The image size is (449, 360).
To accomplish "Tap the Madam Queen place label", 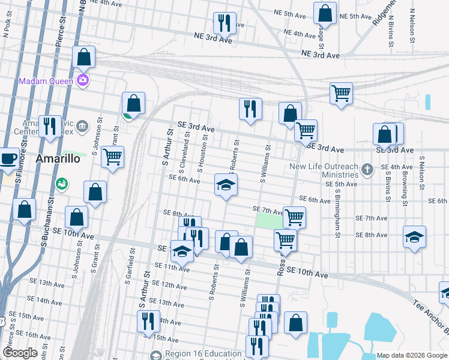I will click(x=46, y=81).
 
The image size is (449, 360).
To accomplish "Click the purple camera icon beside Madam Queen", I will click(x=83, y=80).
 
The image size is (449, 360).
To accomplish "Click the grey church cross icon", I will click(x=368, y=171).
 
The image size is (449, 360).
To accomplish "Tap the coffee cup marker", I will click(x=8, y=158).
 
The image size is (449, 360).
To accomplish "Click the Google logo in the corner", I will click(x=20, y=353).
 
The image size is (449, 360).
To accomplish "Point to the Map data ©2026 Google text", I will click(x=411, y=355).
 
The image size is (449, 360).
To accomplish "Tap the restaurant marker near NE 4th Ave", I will click(x=224, y=23).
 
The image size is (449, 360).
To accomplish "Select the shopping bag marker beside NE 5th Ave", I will click(x=325, y=12).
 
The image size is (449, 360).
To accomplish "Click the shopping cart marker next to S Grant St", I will click(x=112, y=157).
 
